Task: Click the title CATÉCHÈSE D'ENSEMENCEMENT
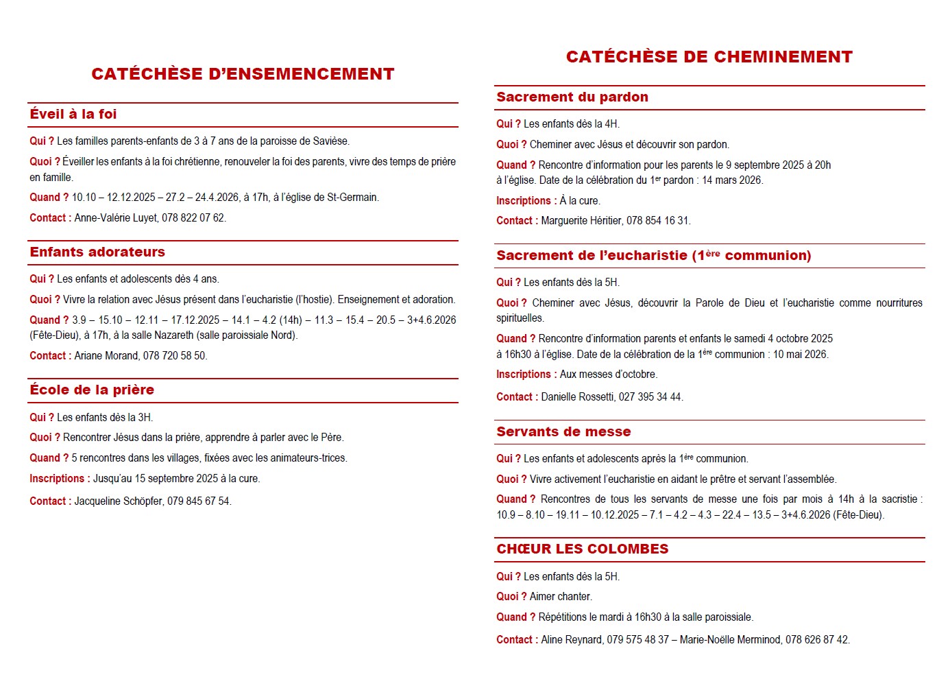[243, 74]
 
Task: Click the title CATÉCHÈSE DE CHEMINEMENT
[709, 57]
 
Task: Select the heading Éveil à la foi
[73, 115]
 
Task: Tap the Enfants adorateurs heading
[97, 252]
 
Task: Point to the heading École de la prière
[92, 390]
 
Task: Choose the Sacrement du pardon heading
[572, 97]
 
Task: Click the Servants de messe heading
[563, 432]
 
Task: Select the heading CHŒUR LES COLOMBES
[583, 549]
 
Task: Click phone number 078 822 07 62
[193, 218]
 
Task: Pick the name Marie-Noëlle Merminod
[730, 640]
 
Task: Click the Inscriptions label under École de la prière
[57, 479]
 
